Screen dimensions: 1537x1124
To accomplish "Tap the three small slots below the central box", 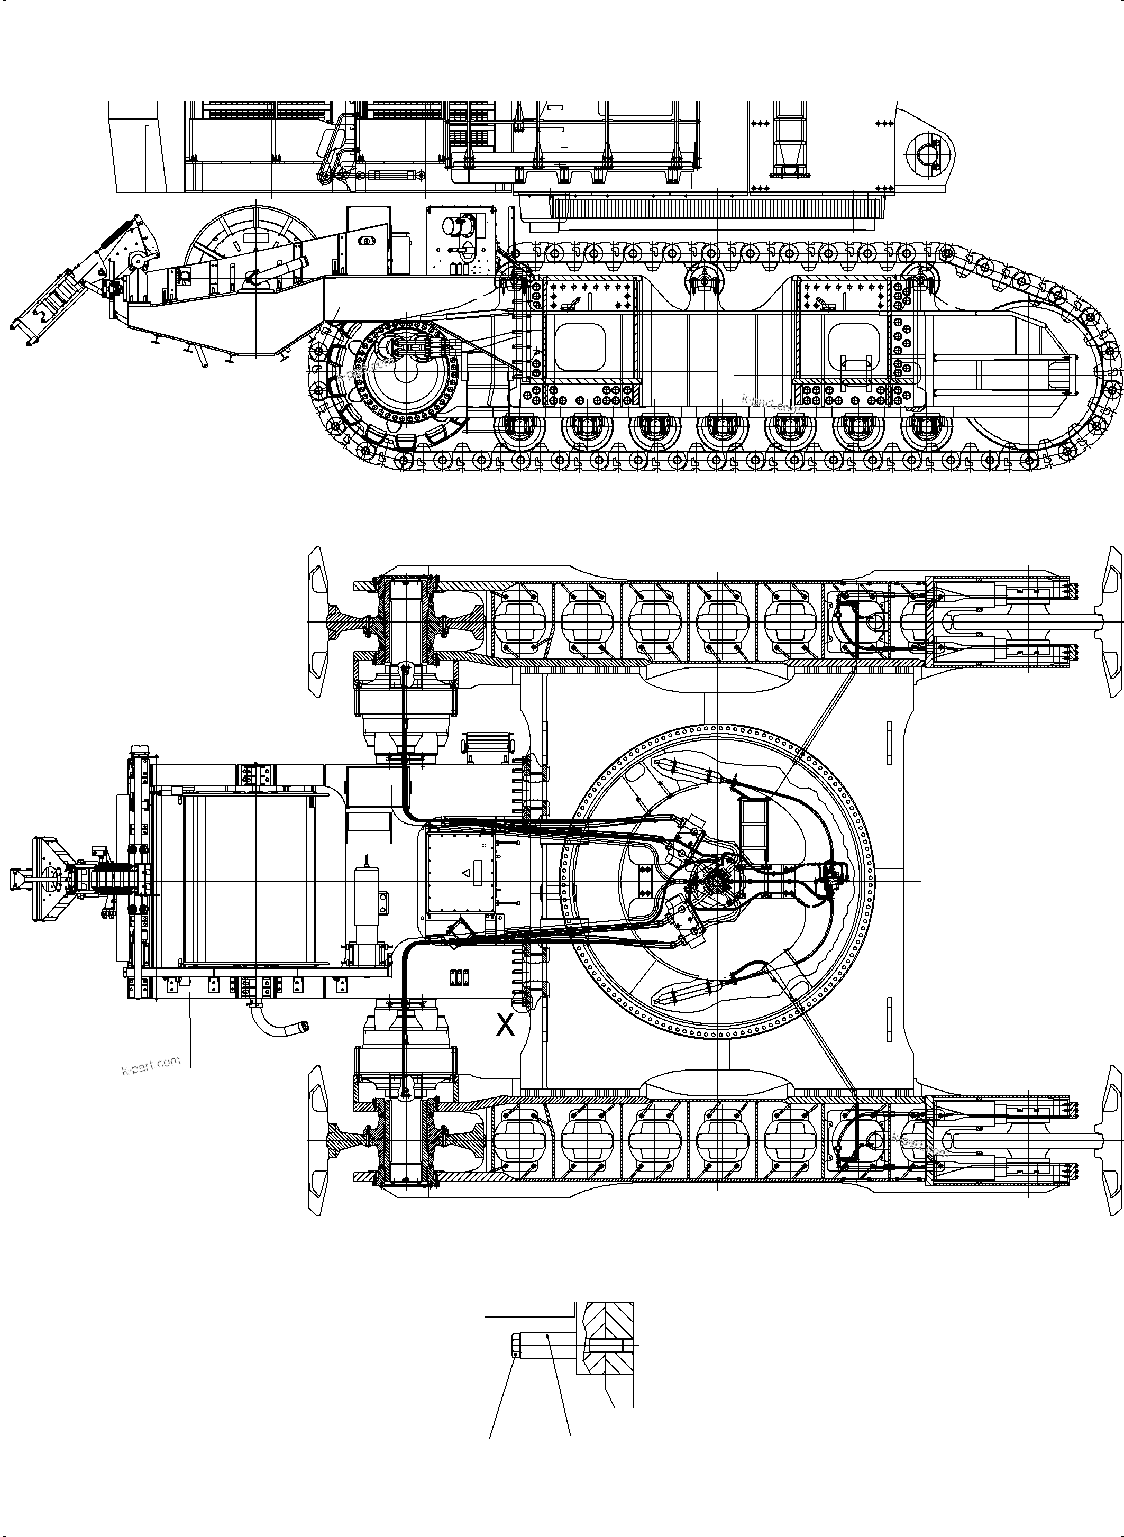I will [459, 977].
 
